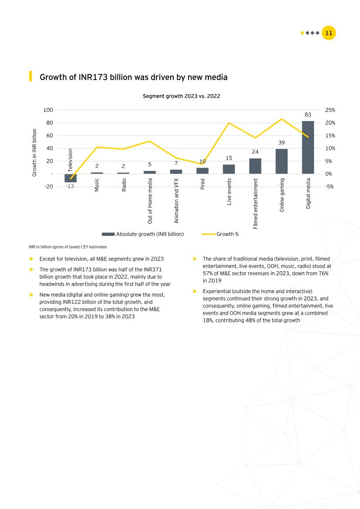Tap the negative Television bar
[71, 178]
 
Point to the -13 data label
[70, 186]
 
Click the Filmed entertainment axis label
[256, 203]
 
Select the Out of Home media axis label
[150, 201]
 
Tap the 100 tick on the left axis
[48, 110]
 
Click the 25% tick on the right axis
[330, 110]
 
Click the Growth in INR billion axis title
[34, 152]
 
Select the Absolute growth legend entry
[143, 234]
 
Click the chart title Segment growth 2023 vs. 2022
[181, 96]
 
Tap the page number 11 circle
[328, 33]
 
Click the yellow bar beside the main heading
[31, 76]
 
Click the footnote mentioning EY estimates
[67, 247]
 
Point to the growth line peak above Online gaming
[282, 119]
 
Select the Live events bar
[229, 169]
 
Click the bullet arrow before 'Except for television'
[31, 259]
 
